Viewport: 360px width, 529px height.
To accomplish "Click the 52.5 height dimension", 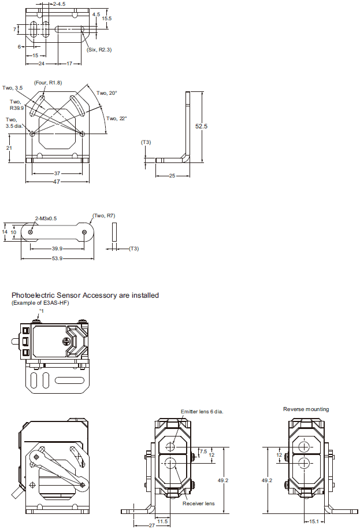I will tap(201, 126).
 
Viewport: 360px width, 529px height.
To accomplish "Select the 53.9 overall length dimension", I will tap(57, 258).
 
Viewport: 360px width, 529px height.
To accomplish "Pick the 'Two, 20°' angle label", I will tap(106, 93).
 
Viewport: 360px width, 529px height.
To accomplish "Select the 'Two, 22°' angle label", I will tap(116, 119).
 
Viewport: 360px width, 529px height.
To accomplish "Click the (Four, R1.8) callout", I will tap(48, 83).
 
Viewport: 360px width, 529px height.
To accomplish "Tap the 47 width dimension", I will tap(57, 182).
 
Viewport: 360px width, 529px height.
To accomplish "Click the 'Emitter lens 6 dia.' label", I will tap(202, 412).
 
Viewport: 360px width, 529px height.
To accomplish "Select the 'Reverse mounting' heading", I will tap(306, 409).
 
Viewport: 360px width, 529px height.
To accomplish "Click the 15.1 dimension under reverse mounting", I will tap(314, 521).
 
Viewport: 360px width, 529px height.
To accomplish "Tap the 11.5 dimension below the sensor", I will tap(162, 521).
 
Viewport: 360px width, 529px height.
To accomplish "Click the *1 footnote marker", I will tap(39, 311).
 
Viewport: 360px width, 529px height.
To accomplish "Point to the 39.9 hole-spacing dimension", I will tap(57, 249).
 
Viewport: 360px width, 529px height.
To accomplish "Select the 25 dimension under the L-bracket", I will tap(172, 175).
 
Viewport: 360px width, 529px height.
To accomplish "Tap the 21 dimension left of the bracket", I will tap(9, 148).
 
